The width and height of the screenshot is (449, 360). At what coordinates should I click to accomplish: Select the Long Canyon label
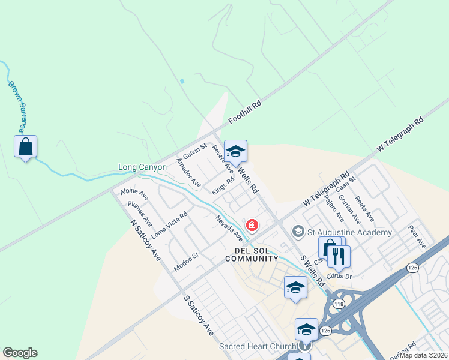(x=142, y=167)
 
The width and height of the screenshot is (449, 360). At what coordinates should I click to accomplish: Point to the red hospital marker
(x=253, y=226)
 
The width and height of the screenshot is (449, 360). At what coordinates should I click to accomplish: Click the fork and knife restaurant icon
(x=339, y=256)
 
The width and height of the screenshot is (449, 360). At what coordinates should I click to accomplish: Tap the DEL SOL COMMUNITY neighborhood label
(x=252, y=254)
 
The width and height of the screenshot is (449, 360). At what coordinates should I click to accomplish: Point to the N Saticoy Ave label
(x=146, y=239)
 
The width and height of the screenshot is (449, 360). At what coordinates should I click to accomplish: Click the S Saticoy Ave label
(x=199, y=314)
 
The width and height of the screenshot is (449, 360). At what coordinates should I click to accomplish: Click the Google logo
(x=20, y=353)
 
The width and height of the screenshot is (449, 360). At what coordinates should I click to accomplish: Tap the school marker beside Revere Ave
(x=235, y=152)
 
